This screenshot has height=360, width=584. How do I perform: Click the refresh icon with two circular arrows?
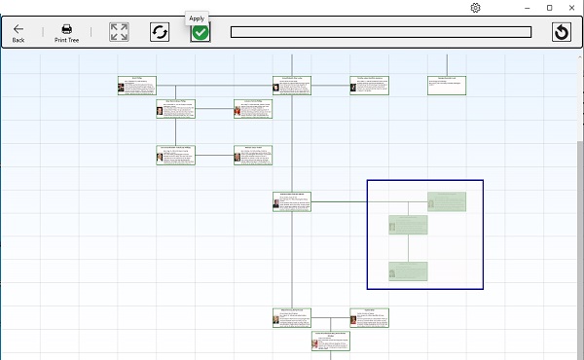(160, 32)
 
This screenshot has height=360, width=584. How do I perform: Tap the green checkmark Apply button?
(200, 32)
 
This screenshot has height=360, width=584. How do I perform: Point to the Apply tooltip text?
(197, 18)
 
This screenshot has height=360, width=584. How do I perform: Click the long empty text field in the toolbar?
(381, 32)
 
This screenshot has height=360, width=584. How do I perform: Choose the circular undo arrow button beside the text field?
(561, 32)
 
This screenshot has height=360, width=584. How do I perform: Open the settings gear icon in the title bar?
(475, 8)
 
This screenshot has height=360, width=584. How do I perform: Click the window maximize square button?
(550, 8)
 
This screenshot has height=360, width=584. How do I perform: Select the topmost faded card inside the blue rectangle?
(447, 201)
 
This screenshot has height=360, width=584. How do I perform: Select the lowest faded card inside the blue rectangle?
(408, 270)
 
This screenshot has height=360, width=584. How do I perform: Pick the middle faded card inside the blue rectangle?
(408, 225)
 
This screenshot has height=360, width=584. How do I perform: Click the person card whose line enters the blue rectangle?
(292, 201)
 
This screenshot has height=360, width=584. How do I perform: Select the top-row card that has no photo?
(448, 85)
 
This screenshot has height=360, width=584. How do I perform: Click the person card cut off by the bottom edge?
(331, 341)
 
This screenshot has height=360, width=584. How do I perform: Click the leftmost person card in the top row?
(136, 85)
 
